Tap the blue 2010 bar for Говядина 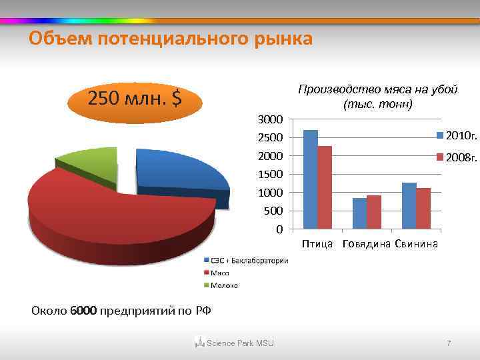point(359,213)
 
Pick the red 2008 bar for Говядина point(374,212)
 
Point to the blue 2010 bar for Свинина point(409,205)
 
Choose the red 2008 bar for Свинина point(423,208)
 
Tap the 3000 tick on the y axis point(271,119)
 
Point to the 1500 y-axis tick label point(271,175)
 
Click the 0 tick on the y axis point(279,230)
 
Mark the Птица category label point(317,244)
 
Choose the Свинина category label point(416,244)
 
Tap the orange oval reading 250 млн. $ point(135,99)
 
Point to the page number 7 point(449,343)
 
